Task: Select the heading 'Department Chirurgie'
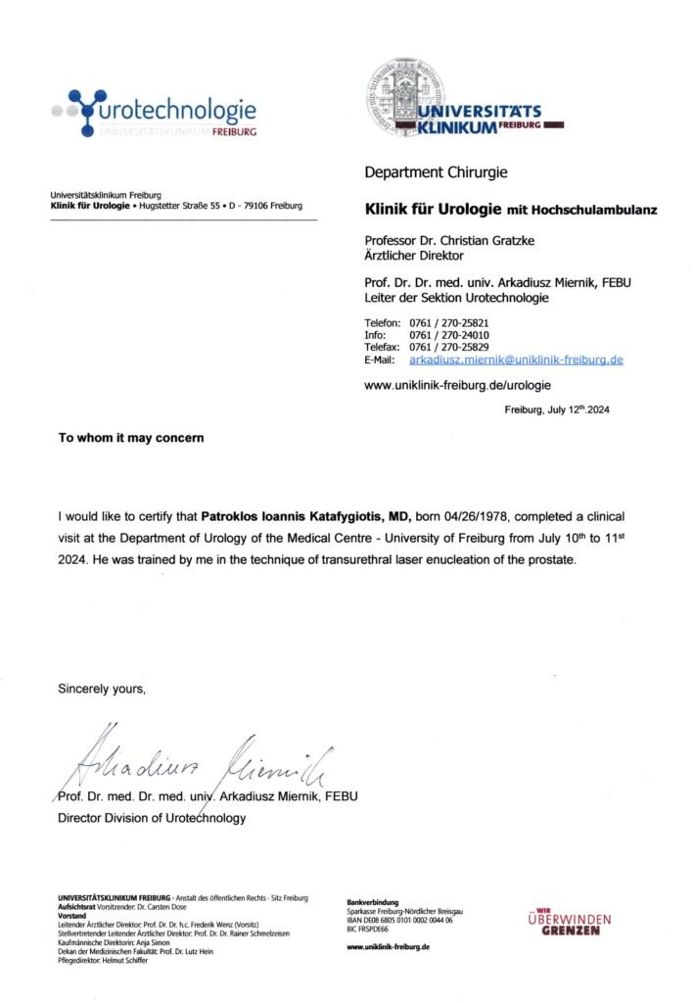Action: pos(436,172)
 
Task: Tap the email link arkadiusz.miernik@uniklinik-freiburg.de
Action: pos(516,360)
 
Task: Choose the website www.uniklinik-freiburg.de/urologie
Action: pos(458,386)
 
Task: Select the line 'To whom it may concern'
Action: pos(131,438)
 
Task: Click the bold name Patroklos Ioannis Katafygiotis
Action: pos(305,515)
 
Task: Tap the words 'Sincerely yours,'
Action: pos(102,689)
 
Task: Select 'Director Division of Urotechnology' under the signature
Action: pos(152,818)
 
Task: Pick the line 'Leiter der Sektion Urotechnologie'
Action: pos(456,298)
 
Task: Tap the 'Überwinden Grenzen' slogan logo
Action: pos(569,923)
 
